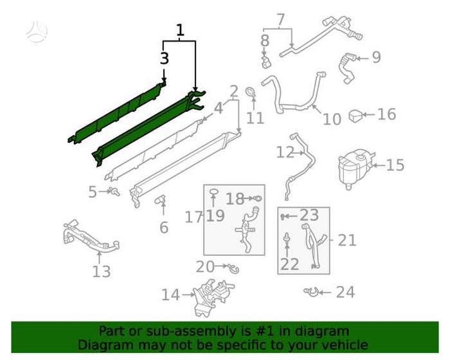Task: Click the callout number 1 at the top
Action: pyautogui.click(x=180, y=30)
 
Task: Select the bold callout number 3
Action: pyautogui.click(x=164, y=59)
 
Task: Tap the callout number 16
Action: pyautogui.click(x=386, y=114)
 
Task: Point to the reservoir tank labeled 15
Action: pyautogui.click(x=356, y=168)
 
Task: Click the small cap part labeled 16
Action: pyautogui.click(x=356, y=116)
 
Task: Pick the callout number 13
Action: pyautogui.click(x=102, y=271)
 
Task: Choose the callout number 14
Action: pyautogui.click(x=170, y=294)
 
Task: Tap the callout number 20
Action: pyautogui.click(x=205, y=267)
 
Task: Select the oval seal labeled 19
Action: pyautogui.click(x=213, y=192)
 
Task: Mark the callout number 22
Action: pyautogui.click(x=289, y=264)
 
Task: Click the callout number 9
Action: pyautogui.click(x=376, y=57)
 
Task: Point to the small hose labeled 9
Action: pyautogui.click(x=346, y=68)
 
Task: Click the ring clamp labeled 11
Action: pyautogui.click(x=251, y=92)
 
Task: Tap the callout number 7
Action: pyautogui.click(x=281, y=20)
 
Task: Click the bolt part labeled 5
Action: pyautogui.click(x=114, y=192)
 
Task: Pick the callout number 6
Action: pyautogui.click(x=163, y=228)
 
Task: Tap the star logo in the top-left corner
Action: pyautogui.click(x=37, y=30)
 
